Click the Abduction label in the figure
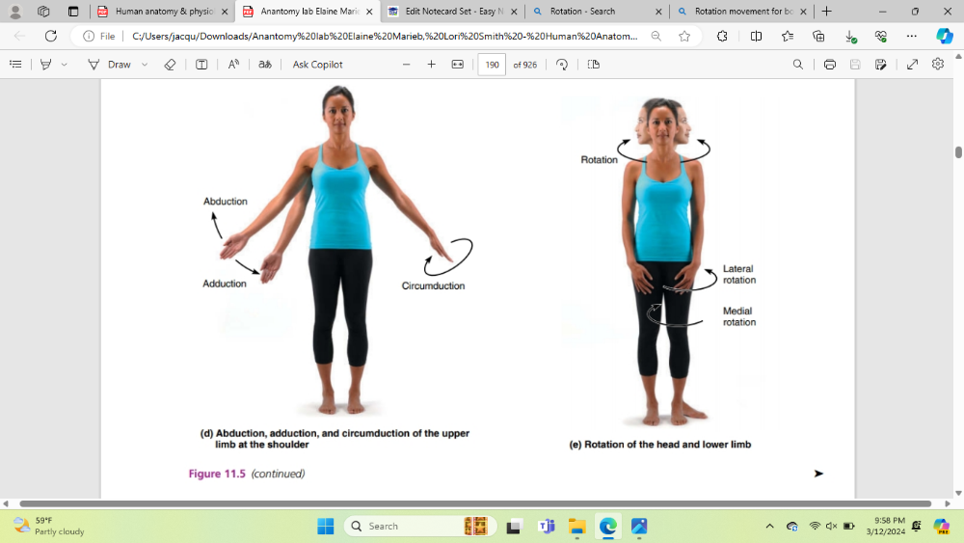point(225,201)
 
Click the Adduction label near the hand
point(225,284)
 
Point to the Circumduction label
point(433,285)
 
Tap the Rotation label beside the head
point(599,160)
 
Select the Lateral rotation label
point(739,274)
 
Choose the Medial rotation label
point(739,316)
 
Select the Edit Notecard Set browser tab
point(453,11)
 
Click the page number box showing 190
point(492,65)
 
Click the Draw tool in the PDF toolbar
point(119,65)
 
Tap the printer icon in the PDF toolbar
point(829,65)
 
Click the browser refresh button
point(51,37)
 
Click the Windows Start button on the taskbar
point(326,527)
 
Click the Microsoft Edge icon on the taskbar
point(608,527)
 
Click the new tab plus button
point(827,11)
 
